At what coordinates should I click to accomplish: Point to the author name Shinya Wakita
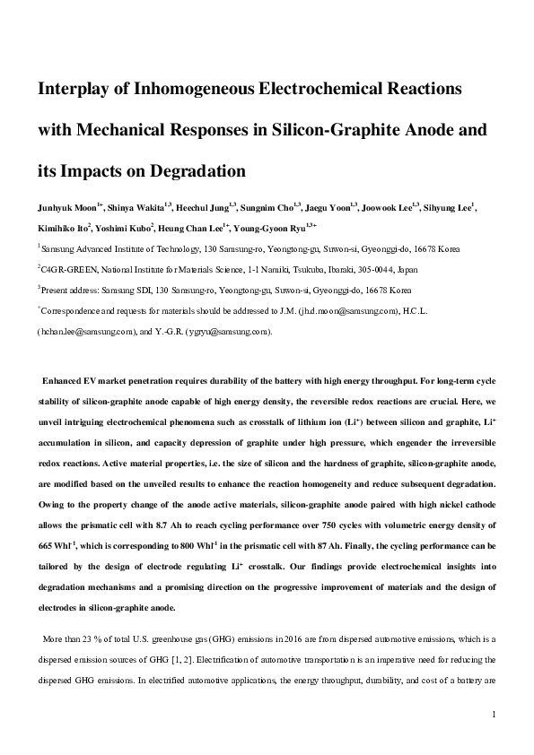tap(136, 208)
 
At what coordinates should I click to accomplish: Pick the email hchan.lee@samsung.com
tap(86, 332)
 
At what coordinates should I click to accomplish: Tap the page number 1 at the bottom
tap(495, 715)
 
